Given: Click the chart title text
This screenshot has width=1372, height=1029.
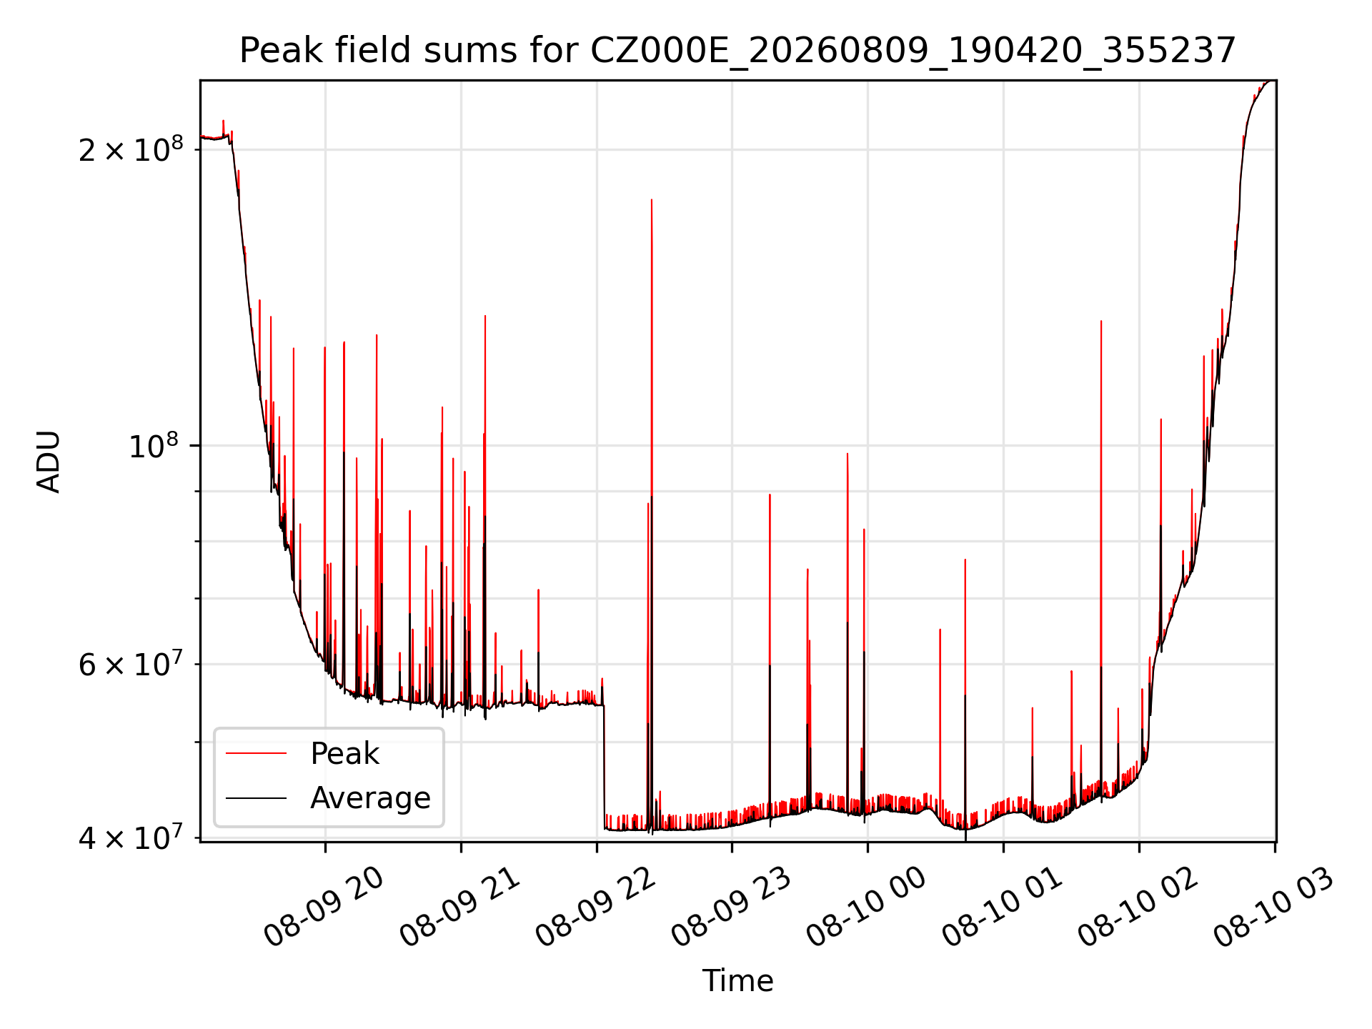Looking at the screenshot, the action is (737, 51).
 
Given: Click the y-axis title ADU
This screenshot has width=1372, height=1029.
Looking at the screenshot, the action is (49, 462).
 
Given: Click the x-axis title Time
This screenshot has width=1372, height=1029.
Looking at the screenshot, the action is (737, 981).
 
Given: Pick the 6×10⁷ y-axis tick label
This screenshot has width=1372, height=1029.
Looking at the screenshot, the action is (130, 663).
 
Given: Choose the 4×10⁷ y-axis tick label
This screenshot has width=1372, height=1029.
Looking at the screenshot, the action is (130, 837).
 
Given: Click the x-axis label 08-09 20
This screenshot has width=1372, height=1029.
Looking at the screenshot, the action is (324, 908).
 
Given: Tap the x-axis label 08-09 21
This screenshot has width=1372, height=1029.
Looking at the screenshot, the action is (460, 908).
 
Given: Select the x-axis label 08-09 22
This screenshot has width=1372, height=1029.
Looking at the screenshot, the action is (596, 908).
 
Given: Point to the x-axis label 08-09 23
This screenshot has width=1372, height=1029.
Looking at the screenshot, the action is (732, 908).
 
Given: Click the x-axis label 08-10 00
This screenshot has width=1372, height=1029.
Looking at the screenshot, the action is (867, 908).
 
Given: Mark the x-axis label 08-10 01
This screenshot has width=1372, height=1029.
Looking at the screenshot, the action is (1003, 908).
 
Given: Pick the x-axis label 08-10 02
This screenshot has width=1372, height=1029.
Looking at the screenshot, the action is (1138, 908).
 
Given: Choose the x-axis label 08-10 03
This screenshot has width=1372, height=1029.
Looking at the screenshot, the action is (1274, 908).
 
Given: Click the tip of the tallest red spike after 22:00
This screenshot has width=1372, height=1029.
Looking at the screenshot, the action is (652, 199).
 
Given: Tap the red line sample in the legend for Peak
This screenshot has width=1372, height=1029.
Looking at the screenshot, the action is (256, 753).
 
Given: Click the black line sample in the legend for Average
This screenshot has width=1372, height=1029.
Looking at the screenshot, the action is (256, 797).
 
